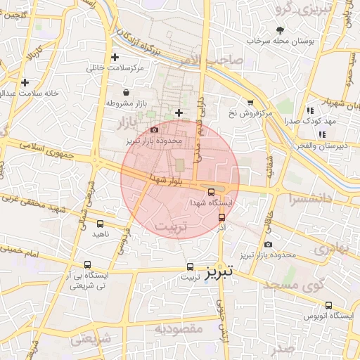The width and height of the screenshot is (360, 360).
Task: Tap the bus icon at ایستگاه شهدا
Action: (x=211, y=192)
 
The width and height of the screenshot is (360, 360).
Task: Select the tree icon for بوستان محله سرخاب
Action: (x=281, y=30)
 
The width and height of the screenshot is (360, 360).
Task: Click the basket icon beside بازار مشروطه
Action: (x=126, y=92)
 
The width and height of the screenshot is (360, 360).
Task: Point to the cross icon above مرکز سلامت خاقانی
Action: (x=115, y=57)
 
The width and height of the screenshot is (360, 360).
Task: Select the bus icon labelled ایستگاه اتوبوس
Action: (x=328, y=305)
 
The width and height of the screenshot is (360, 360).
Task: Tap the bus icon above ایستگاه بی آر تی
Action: (x=87, y=265)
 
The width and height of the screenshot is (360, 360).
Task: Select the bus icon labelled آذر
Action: (x=222, y=218)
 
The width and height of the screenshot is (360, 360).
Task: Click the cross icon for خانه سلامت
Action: (x=25, y=82)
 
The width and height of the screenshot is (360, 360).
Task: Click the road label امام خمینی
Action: (x=21, y=248)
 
